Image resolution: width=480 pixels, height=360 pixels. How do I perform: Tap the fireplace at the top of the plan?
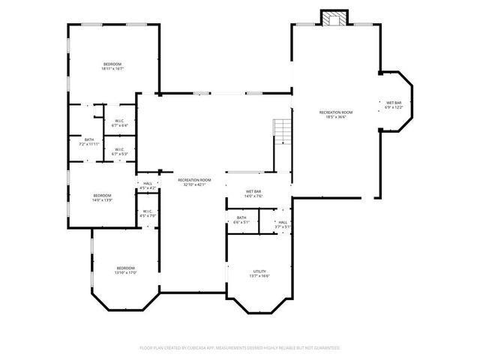[334, 17]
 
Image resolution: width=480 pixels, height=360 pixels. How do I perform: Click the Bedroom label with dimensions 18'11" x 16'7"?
[112, 67]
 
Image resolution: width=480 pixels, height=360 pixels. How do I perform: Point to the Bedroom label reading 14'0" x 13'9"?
[102, 198]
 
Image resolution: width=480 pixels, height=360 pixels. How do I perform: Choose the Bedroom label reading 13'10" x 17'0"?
[125, 271]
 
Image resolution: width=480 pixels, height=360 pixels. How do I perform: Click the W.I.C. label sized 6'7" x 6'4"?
[120, 123]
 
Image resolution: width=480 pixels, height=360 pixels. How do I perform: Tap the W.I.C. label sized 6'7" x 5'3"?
[120, 151]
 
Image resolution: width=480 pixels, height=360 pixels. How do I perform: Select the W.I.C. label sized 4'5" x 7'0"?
[148, 214]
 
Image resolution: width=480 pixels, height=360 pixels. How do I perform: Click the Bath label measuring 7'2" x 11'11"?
[89, 142]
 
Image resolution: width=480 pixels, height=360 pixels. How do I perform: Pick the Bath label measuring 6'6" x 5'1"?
[241, 220]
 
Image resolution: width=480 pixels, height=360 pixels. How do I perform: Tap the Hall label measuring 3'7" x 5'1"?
[283, 224]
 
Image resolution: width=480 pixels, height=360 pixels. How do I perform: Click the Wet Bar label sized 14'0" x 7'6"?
[253, 194]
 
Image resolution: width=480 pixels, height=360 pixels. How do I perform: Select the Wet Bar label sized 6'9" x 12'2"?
[394, 105]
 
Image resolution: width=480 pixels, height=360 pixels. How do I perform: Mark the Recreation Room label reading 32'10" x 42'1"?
[194, 182]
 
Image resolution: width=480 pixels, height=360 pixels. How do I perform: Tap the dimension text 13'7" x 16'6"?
[259, 276]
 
